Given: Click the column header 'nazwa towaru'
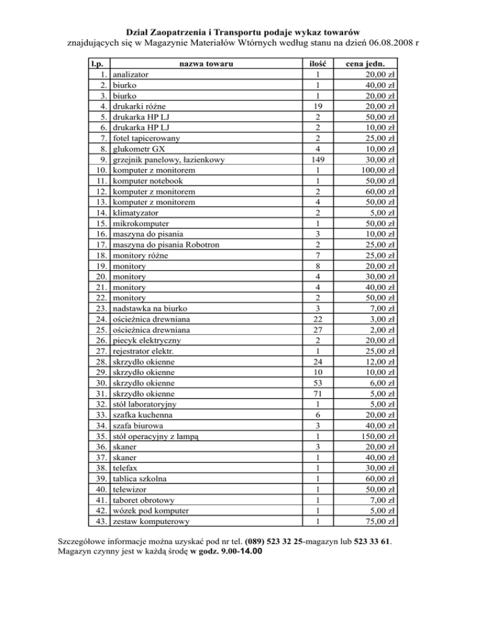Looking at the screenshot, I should click(x=205, y=65).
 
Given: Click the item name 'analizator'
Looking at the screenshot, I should click(x=131, y=75).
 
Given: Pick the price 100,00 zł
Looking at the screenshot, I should click(x=377, y=171).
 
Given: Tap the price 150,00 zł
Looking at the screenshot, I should click(x=377, y=436).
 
